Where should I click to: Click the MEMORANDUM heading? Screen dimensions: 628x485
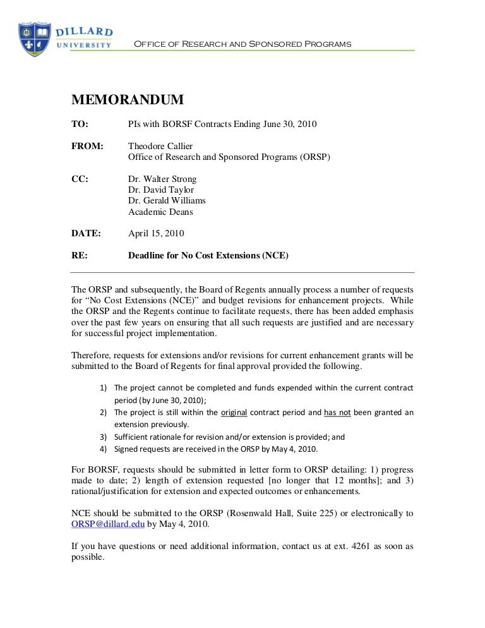click(128, 100)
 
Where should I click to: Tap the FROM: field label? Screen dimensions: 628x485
click(87, 146)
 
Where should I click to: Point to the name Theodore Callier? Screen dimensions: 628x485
click(161, 146)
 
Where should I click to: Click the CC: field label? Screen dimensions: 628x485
click(81, 179)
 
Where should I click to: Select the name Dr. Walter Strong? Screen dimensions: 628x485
click(162, 179)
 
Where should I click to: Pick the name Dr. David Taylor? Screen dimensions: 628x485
click(161, 190)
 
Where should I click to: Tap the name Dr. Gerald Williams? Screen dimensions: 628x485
click(167, 201)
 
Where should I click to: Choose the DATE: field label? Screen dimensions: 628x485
click(87, 233)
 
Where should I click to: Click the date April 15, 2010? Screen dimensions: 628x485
click(156, 233)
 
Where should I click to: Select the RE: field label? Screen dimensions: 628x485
click(80, 256)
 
